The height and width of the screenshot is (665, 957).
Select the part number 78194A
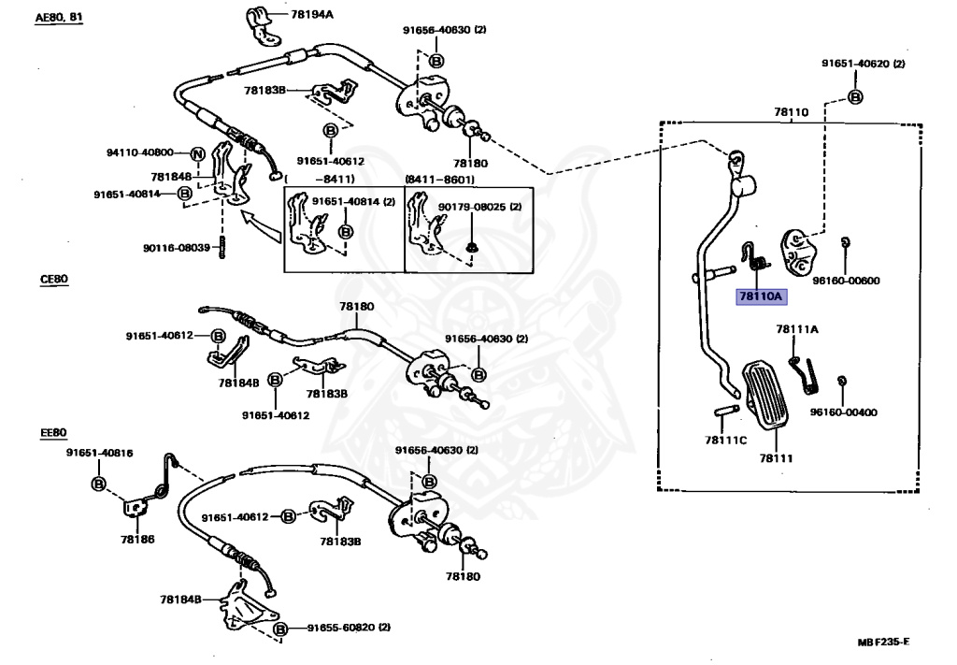point(312,15)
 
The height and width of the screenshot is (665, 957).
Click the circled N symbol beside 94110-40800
point(197,153)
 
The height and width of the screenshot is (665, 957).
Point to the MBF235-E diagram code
point(883,643)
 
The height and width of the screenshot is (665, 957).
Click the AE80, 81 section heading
point(59,18)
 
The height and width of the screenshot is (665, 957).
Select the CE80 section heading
point(53,279)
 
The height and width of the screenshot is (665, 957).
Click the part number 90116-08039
point(178,248)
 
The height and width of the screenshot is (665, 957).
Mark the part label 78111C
point(726,440)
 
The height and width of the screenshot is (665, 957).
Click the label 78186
point(137,540)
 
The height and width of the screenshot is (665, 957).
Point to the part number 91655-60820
point(342,628)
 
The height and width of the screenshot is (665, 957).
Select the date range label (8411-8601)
point(439,180)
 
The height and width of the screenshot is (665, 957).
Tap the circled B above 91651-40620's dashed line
point(855,97)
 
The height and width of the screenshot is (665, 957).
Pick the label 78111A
point(796,329)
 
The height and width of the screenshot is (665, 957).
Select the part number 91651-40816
point(99,453)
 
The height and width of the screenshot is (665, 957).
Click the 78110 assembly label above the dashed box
point(790,111)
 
